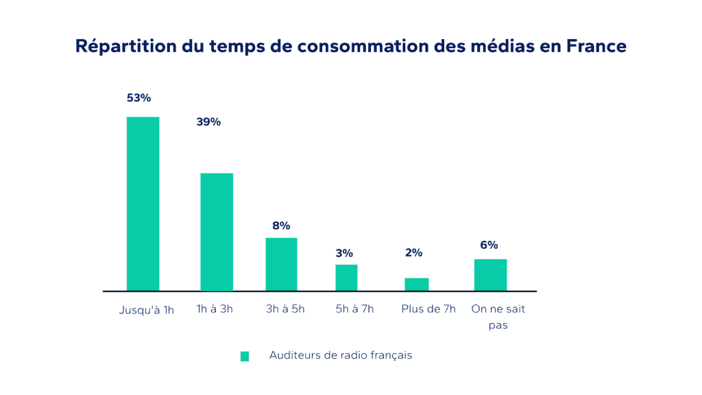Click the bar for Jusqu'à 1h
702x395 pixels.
(143, 204)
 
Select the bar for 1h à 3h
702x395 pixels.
(217, 232)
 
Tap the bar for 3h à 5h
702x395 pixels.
(281, 264)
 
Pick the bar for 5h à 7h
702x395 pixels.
(346, 277)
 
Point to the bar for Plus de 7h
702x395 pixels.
(417, 284)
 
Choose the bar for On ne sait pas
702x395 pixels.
(490, 274)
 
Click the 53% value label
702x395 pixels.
(138, 98)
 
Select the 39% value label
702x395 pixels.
(208, 122)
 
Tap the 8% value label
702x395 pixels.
(281, 226)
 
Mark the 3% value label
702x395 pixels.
(344, 253)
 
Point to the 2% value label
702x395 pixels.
(413, 252)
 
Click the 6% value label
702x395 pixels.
(489, 245)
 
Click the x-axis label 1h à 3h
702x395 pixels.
(215, 309)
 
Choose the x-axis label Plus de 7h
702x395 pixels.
(428, 309)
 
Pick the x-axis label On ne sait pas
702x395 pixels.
(498, 317)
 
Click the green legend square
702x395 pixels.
(245, 356)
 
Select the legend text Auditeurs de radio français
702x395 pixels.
(341, 355)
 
